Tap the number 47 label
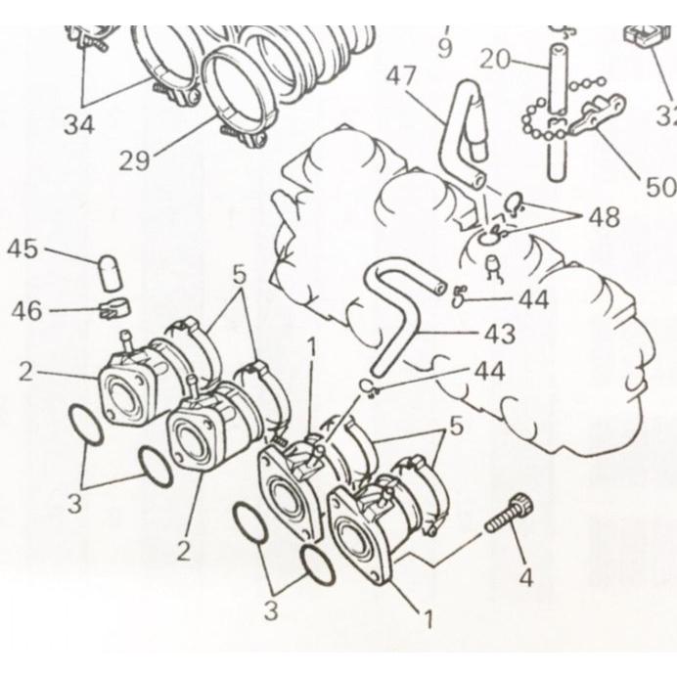click(401, 76)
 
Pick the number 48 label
click(605, 217)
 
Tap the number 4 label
click(525, 577)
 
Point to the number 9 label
click(445, 48)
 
